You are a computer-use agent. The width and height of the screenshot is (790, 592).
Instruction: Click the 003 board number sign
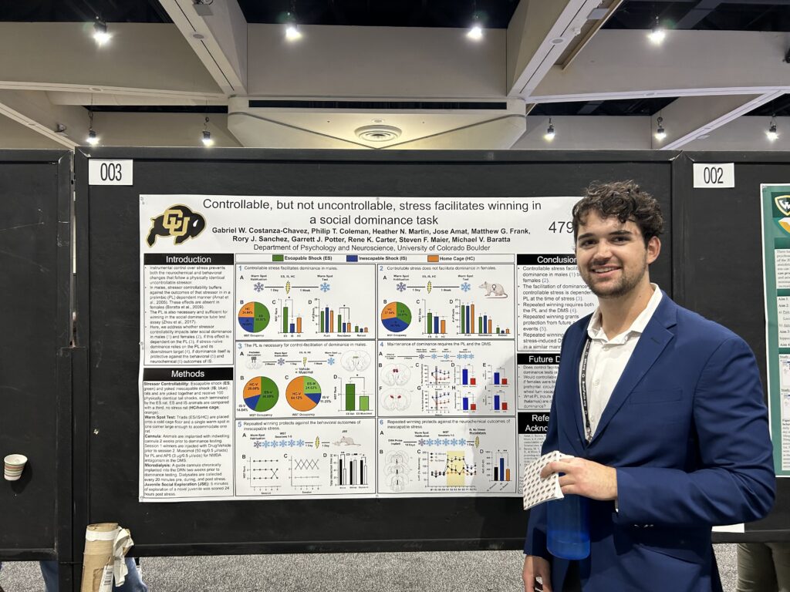(110, 172)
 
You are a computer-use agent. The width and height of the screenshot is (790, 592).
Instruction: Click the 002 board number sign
(713, 175)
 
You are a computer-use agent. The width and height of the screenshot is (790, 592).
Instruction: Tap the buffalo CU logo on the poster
(177, 225)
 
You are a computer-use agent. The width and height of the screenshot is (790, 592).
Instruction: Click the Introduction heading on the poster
(188, 259)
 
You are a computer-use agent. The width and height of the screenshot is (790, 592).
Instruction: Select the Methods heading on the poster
(187, 374)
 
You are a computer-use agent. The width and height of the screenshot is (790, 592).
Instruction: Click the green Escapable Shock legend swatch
(278, 258)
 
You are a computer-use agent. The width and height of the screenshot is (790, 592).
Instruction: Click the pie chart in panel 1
(254, 317)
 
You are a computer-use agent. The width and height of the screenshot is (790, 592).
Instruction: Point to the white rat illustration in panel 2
(491, 289)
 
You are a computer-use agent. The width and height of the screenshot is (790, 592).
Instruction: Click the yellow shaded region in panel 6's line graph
(455, 469)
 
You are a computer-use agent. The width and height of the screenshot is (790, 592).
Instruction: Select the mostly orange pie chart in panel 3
(302, 393)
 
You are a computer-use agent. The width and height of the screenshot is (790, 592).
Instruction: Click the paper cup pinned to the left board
(15, 466)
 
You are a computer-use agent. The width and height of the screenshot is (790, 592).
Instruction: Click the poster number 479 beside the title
(562, 227)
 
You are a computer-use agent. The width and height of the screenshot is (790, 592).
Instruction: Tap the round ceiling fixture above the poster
(377, 133)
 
